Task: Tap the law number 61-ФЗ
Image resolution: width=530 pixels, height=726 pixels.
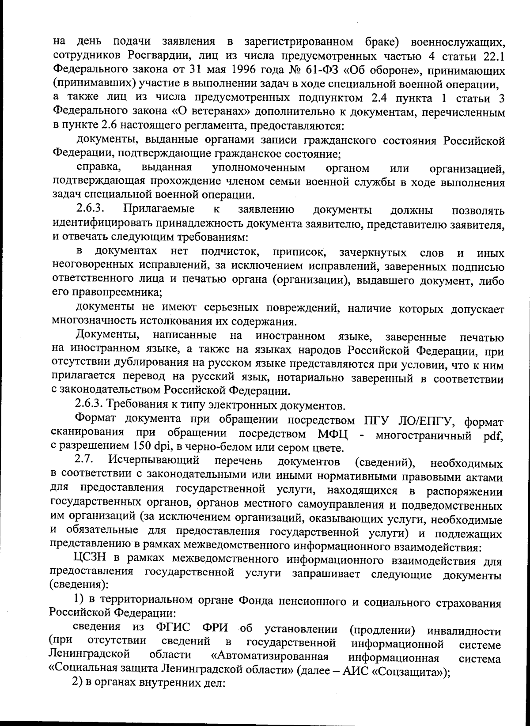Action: coord(322,71)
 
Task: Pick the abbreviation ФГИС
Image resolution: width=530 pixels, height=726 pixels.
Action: coord(174,629)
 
